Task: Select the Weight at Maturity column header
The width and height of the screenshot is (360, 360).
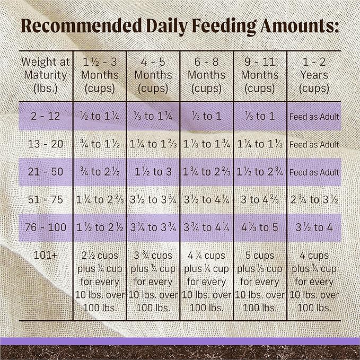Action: coord(45,75)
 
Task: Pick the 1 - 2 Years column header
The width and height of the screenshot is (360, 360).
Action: coord(312,75)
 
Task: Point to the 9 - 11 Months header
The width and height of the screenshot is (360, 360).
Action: coord(260,75)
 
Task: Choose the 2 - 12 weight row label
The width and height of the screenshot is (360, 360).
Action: coord(45,116)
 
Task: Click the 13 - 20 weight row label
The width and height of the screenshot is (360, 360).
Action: coord(45,144)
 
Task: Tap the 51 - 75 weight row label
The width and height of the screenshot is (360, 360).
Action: coord(45,200)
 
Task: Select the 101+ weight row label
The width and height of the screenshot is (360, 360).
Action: coord(45,256)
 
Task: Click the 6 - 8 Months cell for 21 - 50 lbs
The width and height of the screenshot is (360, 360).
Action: coord(207,172)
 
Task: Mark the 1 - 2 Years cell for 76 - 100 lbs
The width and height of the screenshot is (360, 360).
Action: coord(313,228)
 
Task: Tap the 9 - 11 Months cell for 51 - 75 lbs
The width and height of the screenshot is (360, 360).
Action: coord(260,200)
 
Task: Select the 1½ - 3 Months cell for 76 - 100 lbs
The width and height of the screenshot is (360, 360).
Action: coord(100,228)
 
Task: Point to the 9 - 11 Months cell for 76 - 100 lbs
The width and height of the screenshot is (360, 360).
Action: coord(260,228)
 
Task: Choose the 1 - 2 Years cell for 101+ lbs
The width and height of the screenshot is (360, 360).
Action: coord(313,282)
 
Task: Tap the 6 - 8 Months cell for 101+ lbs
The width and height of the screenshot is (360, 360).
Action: coord(207,282)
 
